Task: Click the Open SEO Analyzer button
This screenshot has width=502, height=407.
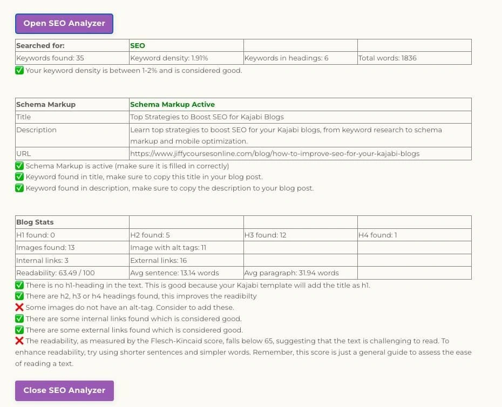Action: coord(64,24)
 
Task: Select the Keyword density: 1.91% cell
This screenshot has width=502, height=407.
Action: coord(169,58)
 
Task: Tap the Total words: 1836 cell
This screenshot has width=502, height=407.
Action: coord(387,58)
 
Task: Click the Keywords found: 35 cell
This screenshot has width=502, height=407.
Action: coord(50,58)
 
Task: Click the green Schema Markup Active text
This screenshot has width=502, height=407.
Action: coord(172,105)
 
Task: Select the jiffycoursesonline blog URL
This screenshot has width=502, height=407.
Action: coord(275,154)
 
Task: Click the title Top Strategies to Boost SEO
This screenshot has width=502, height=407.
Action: coord(207,117)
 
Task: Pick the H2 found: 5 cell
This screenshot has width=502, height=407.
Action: coord(150,235)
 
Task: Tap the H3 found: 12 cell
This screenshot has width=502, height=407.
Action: coord(266,235)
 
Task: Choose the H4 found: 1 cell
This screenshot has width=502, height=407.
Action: coord(378,235)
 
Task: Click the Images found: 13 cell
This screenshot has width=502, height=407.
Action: coord(45,248)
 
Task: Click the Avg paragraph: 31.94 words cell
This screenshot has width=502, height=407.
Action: coord(291,273)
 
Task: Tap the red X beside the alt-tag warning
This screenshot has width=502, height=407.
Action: coord(19,308)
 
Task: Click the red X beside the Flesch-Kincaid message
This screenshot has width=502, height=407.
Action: coord(19,341)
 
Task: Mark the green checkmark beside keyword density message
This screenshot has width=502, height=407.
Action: coord(19,71)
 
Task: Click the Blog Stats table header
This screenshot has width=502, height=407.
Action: coord(35,222)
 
